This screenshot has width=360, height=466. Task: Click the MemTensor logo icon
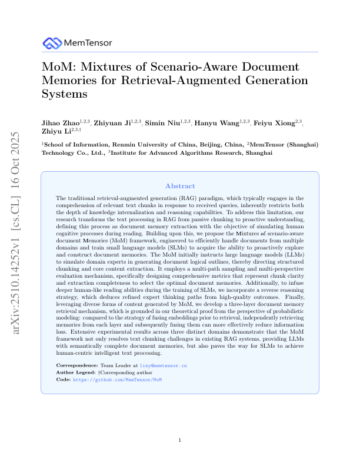pyautogui.click(x=52, y=42)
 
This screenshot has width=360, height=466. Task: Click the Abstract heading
pyautogui.click(x=180, y=185)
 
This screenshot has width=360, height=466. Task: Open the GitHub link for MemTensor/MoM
pyautogui.click(x=116, y=380)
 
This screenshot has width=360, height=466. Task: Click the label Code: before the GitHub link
pyautogui.click(x=63, y=380)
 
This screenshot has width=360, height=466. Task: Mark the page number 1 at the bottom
pyautogui.click(x=180, y=440)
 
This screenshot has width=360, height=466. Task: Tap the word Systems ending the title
pyautogui.click(x=64, y=94)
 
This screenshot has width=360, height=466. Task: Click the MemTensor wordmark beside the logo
pyautogui.click(x=88, y=43)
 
